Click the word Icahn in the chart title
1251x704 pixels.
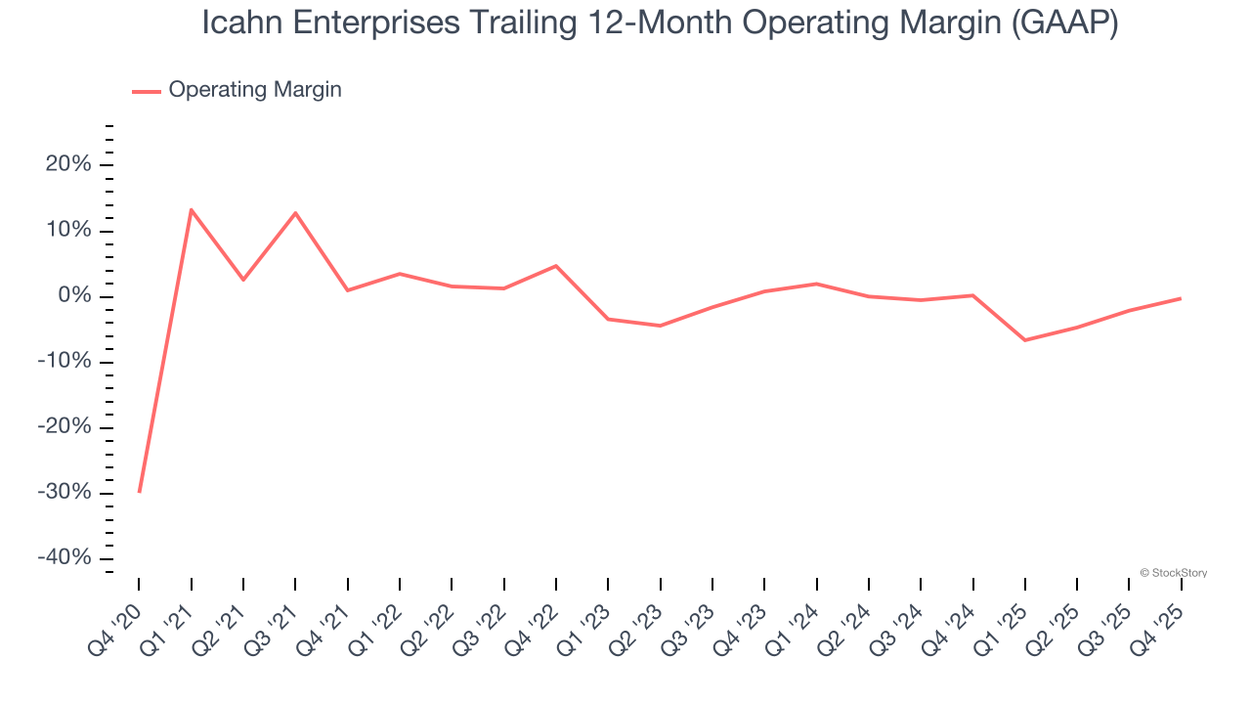pyautogui.click(x=240, y=23)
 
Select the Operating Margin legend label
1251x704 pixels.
pyautogui.click(x=255, y=90)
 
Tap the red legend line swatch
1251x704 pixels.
pyautogui.click(x=147, y=91)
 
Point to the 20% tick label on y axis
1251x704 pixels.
pyautogui.click(x=68, y=164)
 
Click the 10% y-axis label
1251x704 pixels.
pyautogui.click(x=68, y=230)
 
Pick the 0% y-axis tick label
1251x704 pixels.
pyautogui.click(x=74, y=295)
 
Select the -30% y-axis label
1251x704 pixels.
pyautogui.click(x=65, y=492)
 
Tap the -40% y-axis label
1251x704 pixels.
pyautogui.click(x=65, y=557)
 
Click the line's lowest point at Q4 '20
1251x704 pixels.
pyautogui.click(x=139, y=492)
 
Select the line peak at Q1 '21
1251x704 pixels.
pyautogui.click(x=191, y=209)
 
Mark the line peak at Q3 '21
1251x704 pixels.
pyautogui.click(x=295, y=212)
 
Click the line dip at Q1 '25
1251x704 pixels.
pyautogui.click(x=1025, y=340)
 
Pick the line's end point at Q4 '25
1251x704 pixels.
pyautogui.click(x=1181, y=298)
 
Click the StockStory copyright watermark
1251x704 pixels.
pyautogui.click(x=1173, y=573)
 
